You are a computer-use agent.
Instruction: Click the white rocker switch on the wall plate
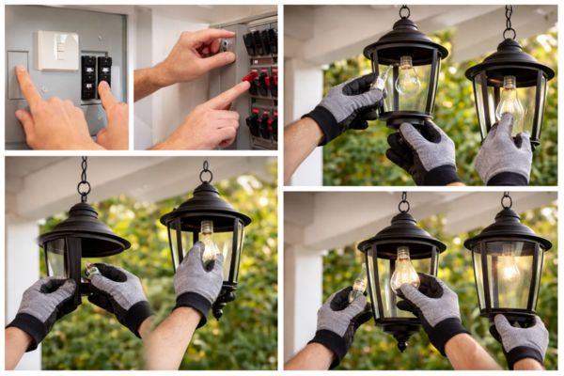58,49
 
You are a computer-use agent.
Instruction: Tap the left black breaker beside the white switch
88,70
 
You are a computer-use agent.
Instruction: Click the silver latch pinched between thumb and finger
225,45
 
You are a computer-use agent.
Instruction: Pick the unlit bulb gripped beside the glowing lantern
404,273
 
